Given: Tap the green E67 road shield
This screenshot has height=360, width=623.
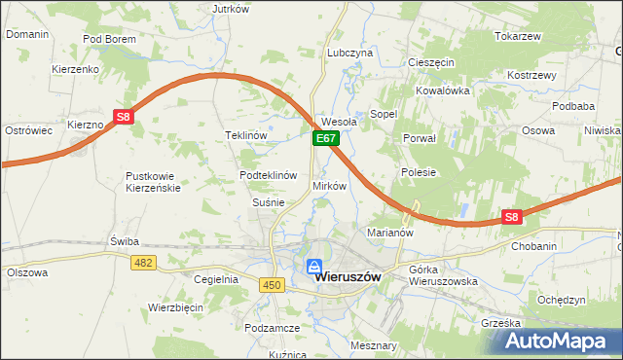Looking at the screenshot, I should pos(325,140).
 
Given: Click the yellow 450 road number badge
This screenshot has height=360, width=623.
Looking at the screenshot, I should pos(272,283).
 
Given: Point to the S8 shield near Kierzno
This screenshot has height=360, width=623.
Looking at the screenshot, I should pos(123,117).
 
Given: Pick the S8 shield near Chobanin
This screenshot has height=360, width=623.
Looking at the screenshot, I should pos(513,218).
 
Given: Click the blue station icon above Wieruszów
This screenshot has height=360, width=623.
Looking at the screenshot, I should pos(314,266).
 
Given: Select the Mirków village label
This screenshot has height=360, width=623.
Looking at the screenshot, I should pos(329,185).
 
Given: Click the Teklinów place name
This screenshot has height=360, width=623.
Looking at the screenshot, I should pos(245,135).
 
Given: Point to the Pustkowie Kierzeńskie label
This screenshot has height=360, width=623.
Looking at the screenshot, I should pos(153,182).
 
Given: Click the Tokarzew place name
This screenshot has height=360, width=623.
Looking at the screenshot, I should pos(517,36).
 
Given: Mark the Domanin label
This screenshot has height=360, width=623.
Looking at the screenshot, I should pos(26,33).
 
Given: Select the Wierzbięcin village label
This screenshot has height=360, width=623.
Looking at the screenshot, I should pos(175,306).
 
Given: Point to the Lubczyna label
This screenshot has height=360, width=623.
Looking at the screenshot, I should pos(350,52).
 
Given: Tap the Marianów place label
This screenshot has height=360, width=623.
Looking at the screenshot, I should pos(391,233).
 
